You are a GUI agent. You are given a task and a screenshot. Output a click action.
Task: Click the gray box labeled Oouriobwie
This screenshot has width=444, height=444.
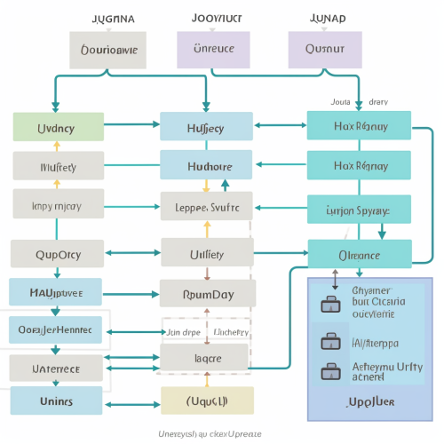[x=109, y=50]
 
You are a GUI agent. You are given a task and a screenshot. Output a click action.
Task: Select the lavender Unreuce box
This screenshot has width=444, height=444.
[x=214, y=50]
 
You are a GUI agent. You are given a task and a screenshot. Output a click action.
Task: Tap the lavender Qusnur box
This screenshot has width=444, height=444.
[x=325, y=50]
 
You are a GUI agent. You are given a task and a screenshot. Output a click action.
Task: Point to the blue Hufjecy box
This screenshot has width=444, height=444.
[x=207, y=127]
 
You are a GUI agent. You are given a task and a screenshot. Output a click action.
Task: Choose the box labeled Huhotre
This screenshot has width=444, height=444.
[x=207, y=166]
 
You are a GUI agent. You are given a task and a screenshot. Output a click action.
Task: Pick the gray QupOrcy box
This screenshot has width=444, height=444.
[x=58, y=254]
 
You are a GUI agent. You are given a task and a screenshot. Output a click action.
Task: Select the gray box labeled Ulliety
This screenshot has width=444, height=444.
[x=207, y=254]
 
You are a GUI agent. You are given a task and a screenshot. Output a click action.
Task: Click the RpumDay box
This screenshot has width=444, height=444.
[x=207, y=293]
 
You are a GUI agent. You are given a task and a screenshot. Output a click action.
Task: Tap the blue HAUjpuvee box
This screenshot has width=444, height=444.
[x=57, y=291]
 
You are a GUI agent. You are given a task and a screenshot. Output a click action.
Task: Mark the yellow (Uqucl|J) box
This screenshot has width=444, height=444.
[x=207, y=400]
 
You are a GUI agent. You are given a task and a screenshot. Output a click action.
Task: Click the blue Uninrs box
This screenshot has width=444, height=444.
[x=57, y=401]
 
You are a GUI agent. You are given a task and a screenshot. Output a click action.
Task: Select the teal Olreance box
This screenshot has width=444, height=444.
[x=359, y=254]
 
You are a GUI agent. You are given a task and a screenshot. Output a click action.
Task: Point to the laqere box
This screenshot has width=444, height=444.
[x=207, y=357]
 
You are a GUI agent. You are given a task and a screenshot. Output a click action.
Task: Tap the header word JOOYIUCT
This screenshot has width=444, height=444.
[x=216, y=17]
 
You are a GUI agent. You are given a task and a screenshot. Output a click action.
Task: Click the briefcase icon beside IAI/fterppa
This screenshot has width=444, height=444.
[x=329, y=342]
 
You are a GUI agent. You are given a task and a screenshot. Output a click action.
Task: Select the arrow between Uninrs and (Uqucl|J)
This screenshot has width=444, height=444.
[x=132, y=401]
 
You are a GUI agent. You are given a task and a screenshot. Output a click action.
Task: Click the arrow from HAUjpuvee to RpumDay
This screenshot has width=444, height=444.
[x=132, y=292]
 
